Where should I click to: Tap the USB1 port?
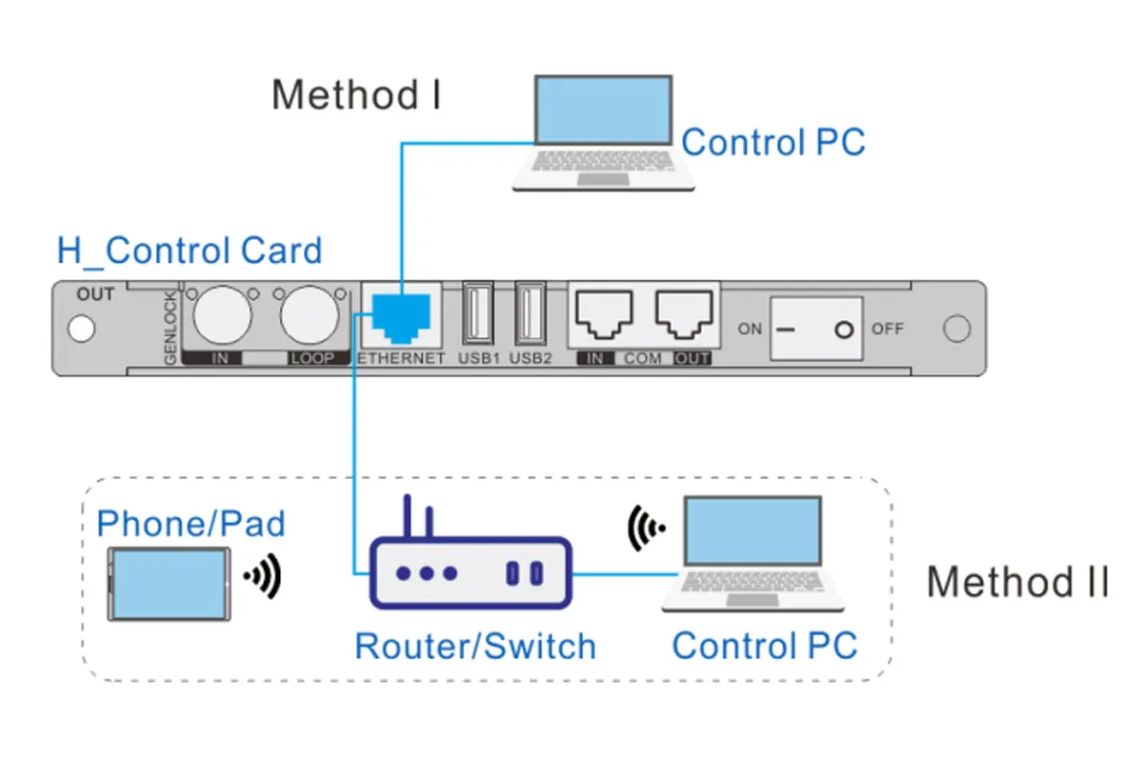[476, 313]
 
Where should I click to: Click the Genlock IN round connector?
[221, 315]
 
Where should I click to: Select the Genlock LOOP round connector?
[307, 315]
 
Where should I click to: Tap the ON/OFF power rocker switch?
[815, 329]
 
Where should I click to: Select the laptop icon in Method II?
[753, 555]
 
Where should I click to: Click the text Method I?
[356, 96]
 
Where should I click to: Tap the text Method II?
[1017, 581]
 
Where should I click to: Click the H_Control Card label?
[190, 251]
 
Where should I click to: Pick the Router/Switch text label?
[474, 646]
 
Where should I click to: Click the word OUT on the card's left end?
[95, 294]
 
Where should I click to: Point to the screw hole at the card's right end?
[955, 329]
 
